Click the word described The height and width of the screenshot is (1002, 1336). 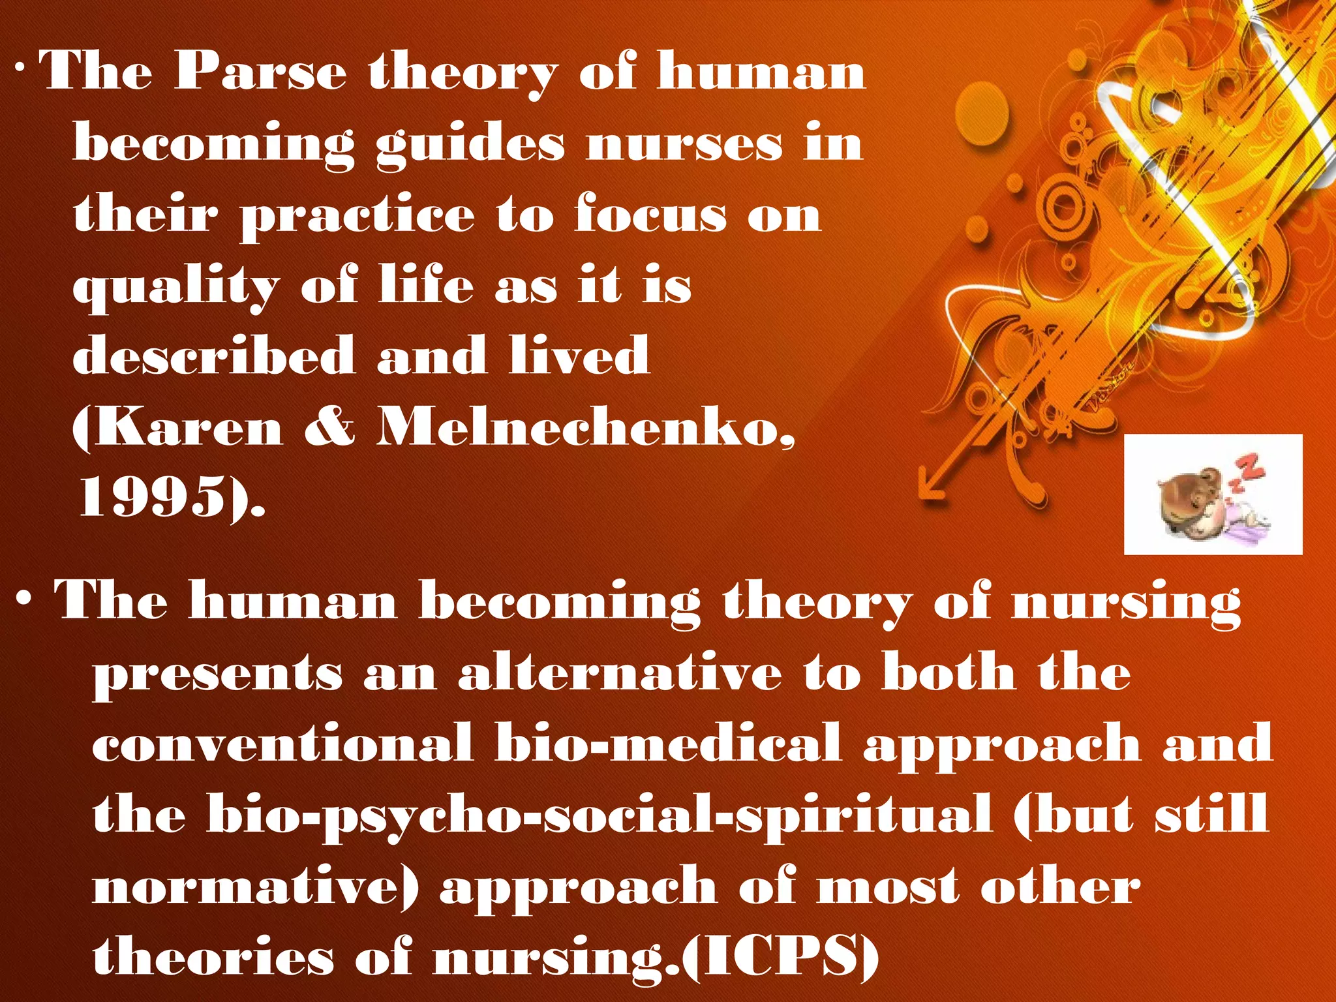coord(214,356)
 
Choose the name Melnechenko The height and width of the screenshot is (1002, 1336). coord(585,429)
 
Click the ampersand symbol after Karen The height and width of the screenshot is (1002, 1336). coord(330,429)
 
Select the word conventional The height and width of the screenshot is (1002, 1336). coord(282,744)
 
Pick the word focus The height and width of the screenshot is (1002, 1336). coord(650,215)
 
